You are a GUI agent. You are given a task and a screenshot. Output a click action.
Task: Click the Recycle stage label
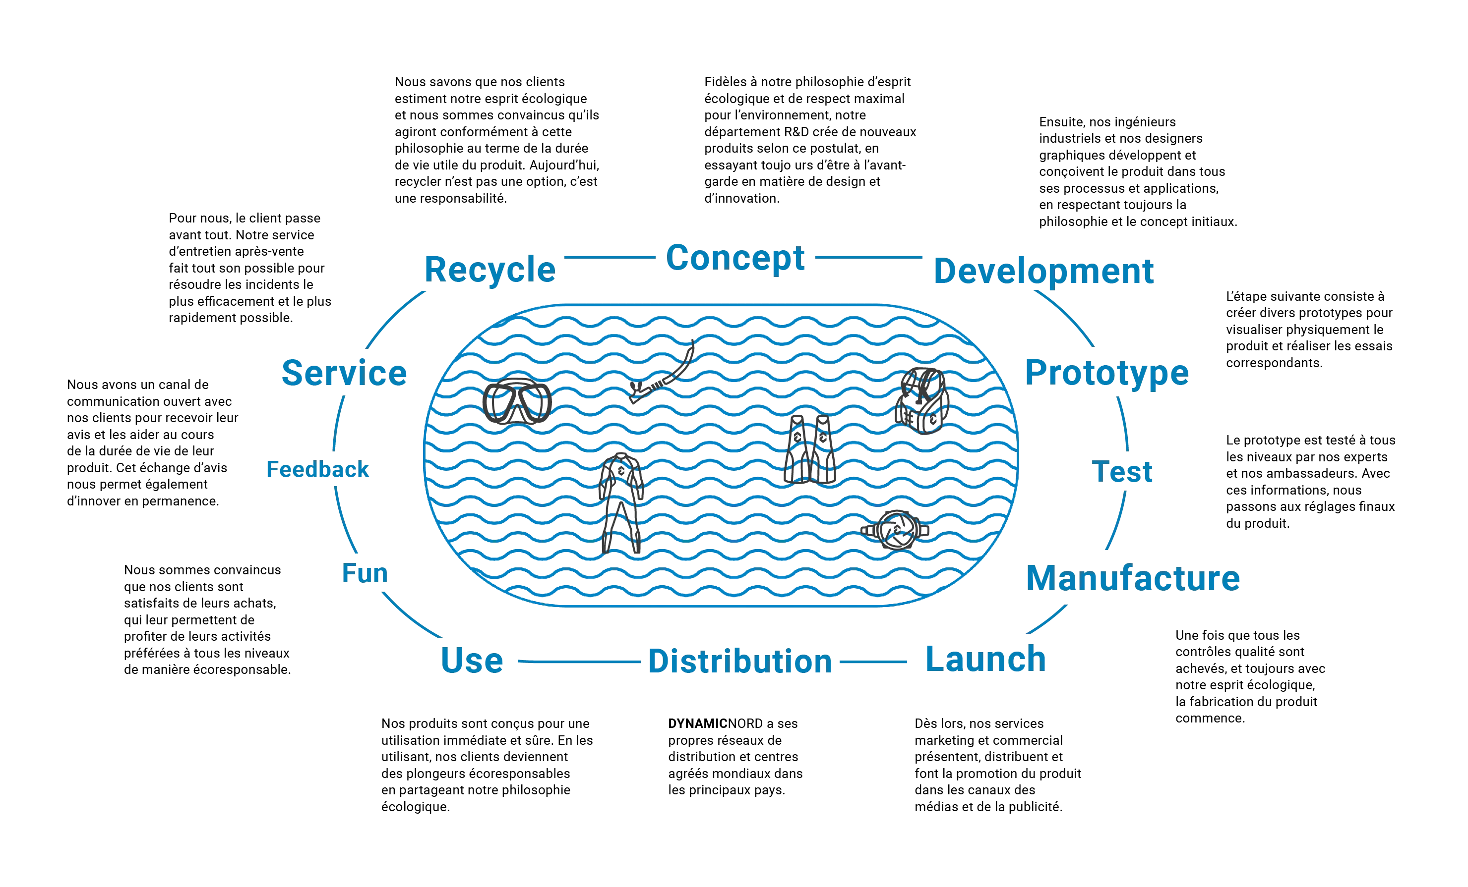pyautogui.click(x=489, y=270)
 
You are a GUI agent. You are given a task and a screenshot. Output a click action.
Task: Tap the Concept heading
pyautogui.click(x=735, y=258)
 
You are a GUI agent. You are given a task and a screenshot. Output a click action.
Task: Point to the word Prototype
pyautogui.click(x=1106, y=374)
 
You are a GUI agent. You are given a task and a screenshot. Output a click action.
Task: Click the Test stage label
pyautogui.click(x=1122, y=471)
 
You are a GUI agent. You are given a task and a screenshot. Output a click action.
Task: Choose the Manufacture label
pyautogui.click(x=1133, y=578)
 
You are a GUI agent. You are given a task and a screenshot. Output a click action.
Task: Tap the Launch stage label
pyautogui.click(x=985, y=659)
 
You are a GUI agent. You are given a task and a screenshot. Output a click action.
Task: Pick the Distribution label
pyautogui.click(x=740, y=662)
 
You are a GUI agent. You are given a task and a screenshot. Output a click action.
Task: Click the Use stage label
pyautogui.click(x=472, y=660)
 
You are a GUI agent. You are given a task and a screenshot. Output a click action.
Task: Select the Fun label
pyautogui.click(x=365, y=573)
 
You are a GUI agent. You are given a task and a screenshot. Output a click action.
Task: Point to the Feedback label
pyautogui.click(x=317, y=470)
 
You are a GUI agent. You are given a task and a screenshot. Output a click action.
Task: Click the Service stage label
pyautogui.click(x=344, y=373)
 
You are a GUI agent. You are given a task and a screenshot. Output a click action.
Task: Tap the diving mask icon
pyautogui.click(x=517, y=401)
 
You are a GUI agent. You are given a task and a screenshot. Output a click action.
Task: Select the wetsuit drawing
pyautogui.click(x=621, y=503)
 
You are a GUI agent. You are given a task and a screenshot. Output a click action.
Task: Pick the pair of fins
pyautogui.click(x=810, y=449)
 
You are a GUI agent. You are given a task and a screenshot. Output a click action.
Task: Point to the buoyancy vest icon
pyautogui.click(x=921, y=401)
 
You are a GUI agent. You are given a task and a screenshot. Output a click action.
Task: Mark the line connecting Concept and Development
pyautogui.click(x=868, y=258)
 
